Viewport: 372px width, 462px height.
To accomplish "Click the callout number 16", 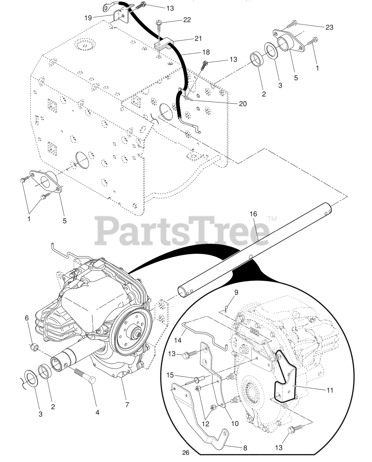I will [253, 214].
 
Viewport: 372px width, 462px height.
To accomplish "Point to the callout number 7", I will [127, 405].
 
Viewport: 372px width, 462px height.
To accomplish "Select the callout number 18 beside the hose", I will [205, 52].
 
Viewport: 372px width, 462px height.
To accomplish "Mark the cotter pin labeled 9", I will [226, 308].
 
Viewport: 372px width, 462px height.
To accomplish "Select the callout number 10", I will [235, 423].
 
